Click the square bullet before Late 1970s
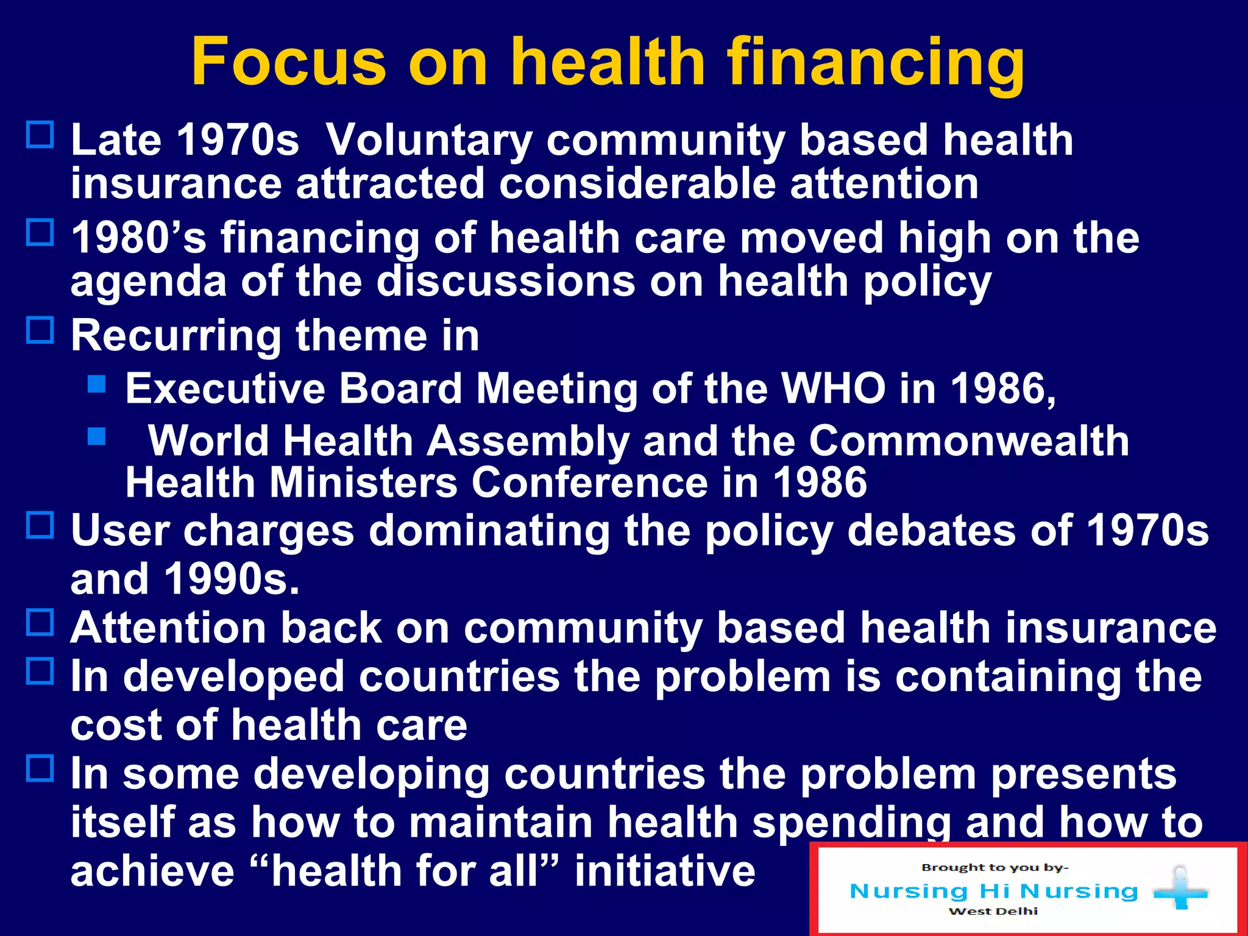coord(40,135)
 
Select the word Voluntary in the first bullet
coord(429,141)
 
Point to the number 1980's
coord(138,238)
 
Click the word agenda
coord(149,282)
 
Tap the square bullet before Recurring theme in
coord(40,330)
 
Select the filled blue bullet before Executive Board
coord(97,384)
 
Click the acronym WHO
coord(833,389)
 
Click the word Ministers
coord(364,483)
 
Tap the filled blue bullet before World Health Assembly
coord(97,436)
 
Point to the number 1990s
coord(232,579)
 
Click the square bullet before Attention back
coord(40,623)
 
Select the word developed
coord(234,678)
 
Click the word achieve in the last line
coord(152,871)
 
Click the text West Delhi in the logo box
coord(993,912)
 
